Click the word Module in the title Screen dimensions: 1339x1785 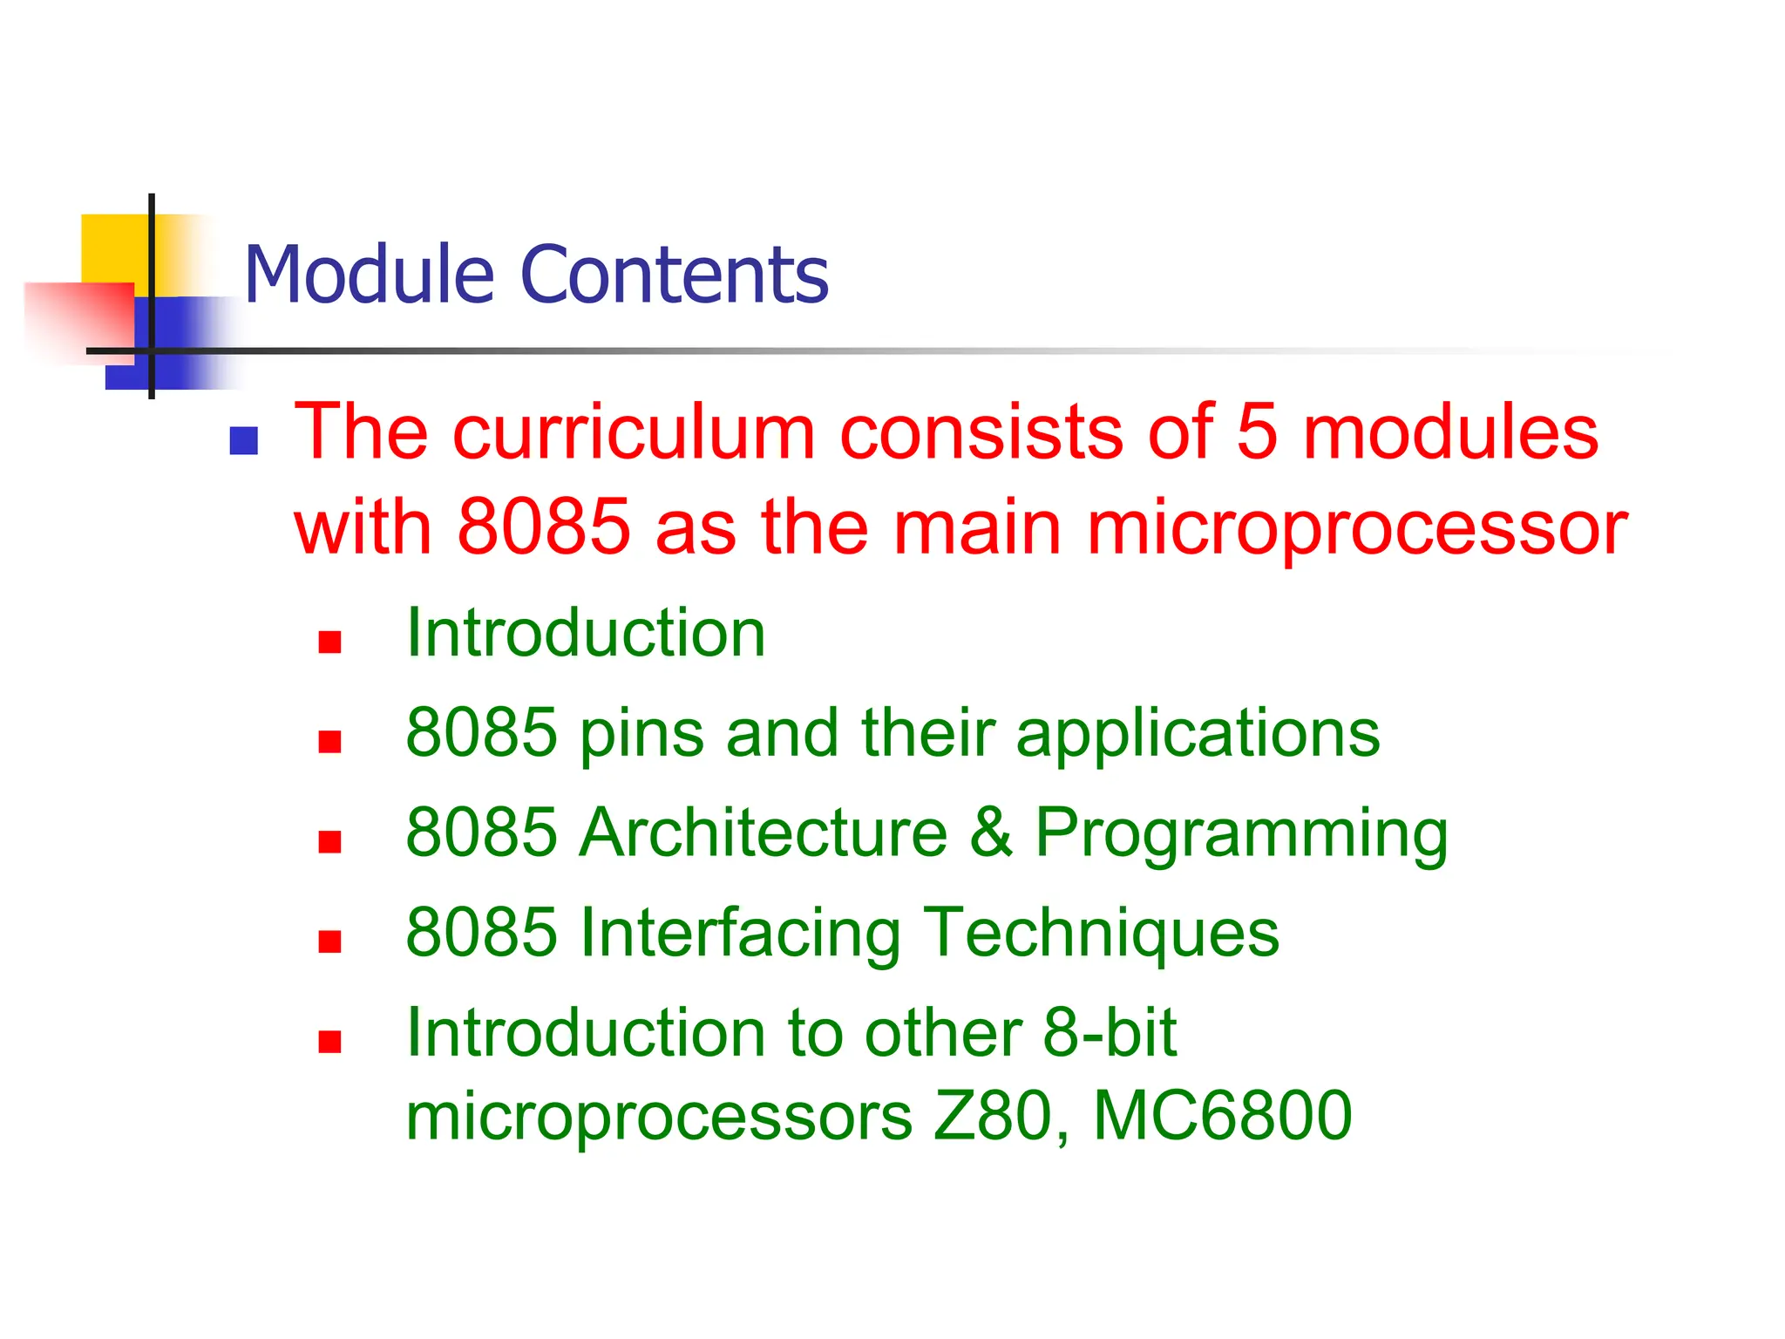(372, 275)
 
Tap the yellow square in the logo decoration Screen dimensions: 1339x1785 (113, 248)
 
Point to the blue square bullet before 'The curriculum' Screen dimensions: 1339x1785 (243, 441)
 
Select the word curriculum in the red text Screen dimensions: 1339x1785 (634, 432)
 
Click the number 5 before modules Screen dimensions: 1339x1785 (1256, 432)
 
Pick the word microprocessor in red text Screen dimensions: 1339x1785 (1357, 528)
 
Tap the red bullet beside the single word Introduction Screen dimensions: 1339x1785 (329, 642)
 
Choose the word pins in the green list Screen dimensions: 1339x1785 (641, 734)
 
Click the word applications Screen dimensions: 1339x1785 (1198, 734)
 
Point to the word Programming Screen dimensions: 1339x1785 (1241, 834)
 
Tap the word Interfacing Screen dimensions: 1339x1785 (740, 934)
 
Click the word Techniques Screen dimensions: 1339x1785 (1101, 934)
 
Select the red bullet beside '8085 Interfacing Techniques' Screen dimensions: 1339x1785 (329, 942)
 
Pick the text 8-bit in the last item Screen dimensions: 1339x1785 (1110, 1033)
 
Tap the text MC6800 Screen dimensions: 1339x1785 (1222, 1116)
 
